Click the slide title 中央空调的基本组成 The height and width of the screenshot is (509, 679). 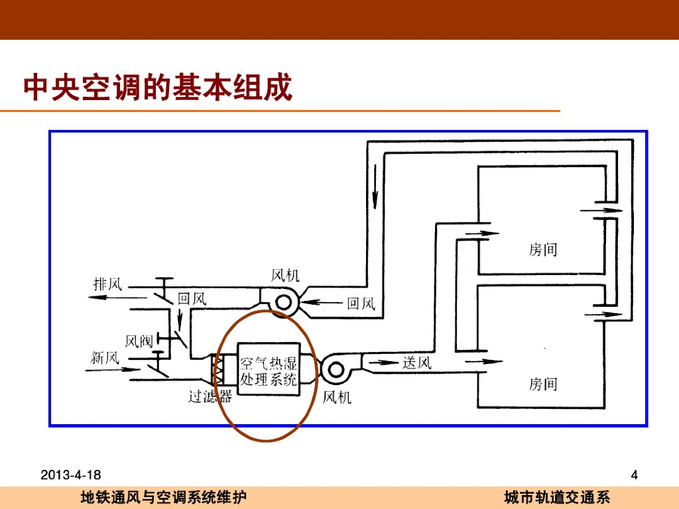158,87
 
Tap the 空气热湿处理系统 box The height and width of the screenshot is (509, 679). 268,371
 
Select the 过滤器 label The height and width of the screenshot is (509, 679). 210,397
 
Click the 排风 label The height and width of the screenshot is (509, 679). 108,285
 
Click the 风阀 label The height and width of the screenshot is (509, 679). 139,341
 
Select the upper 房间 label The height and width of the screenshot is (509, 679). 543,250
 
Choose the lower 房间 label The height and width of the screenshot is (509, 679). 543,384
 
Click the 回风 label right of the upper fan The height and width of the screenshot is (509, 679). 361,304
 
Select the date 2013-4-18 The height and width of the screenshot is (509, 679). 71,475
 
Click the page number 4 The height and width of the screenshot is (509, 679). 634,475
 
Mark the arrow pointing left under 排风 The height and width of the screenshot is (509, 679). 109,298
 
